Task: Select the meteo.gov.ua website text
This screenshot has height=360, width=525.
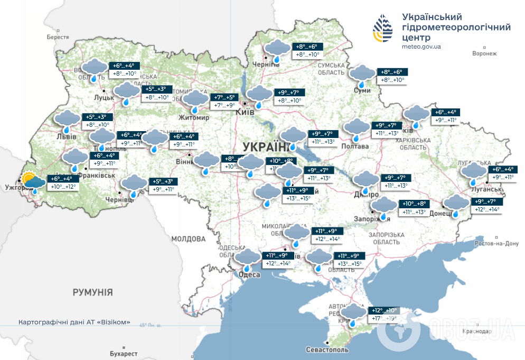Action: point(420,47)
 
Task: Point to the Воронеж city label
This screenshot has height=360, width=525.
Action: point(485,54)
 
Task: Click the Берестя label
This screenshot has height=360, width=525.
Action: point(58,38)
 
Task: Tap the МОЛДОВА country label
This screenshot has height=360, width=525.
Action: point(188,239)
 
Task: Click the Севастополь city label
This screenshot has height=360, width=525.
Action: point(327,350)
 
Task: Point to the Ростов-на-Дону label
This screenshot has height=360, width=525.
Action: point(497,244)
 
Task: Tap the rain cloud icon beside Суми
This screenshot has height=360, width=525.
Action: point(363,76)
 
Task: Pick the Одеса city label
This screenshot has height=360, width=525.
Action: point(249,274)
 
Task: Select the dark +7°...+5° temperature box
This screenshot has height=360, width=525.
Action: point(223,98)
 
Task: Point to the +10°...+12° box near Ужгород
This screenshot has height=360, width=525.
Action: point(63,187)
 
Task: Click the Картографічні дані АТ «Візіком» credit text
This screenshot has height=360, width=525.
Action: point(74,322)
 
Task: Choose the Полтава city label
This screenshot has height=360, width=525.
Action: point(355,146)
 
